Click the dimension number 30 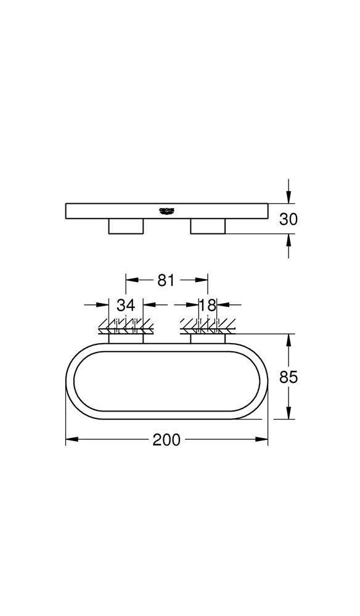(288, 219)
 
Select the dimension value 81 (166, 280)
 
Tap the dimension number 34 (126, 304)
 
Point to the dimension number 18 (208, 304)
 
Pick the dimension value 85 (288, 376)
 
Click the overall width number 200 (166, 440)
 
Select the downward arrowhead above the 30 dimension (288, 198)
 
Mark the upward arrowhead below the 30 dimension (288, 240)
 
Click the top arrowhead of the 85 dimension (288, 338)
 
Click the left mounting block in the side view (126, 227)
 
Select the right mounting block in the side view (208, 227)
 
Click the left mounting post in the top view (126, 338)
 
